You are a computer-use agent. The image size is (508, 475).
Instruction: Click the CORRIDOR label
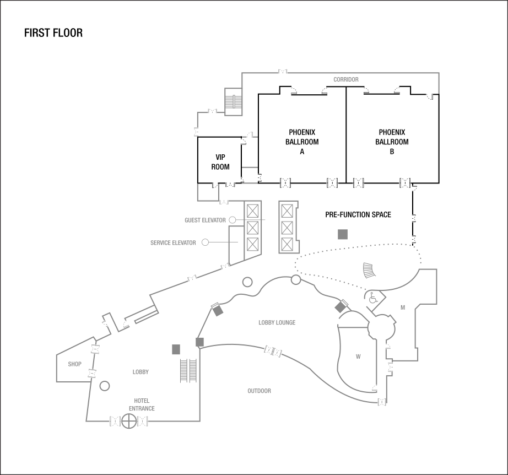click(x=346, y=80)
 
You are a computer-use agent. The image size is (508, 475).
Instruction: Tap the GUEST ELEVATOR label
click(x=205, y=220)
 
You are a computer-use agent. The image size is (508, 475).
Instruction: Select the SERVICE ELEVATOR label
click(x=173, y=243)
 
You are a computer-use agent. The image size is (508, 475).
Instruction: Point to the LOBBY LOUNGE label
click(x=277, y=323)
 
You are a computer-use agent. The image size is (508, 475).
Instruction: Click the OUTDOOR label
click(x=259, y=391)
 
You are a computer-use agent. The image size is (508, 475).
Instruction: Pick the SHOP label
click(x=75, y=364)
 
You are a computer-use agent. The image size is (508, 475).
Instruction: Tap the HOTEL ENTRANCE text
click(x=142, y=405)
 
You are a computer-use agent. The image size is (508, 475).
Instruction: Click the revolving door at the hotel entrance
click(x=129, y=422)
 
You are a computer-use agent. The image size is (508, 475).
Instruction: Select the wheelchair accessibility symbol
click(x=373, y=299)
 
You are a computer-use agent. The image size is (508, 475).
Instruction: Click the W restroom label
click(x=358, y=357)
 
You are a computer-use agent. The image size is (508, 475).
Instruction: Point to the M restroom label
click(x=403, y=307)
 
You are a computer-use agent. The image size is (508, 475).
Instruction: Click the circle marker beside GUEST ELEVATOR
click(x=233, y=220)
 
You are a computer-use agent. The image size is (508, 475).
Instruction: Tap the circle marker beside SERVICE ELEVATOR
click(x=205, y=242)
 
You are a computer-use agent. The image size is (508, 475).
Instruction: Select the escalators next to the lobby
click(x=188, y=370)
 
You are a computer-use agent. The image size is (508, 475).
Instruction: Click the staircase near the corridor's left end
click(x=234, y=102)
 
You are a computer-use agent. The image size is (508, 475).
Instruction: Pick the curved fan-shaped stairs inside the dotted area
click(x=368, y=271)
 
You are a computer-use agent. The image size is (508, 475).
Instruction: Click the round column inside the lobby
click(x=104, y=386)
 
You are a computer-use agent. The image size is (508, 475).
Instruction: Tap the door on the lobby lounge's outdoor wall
click(x=273, y=352)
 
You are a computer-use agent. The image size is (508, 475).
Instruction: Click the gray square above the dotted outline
click(x=343, y=235)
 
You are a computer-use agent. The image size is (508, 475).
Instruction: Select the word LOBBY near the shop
click(x=140, y=372)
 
